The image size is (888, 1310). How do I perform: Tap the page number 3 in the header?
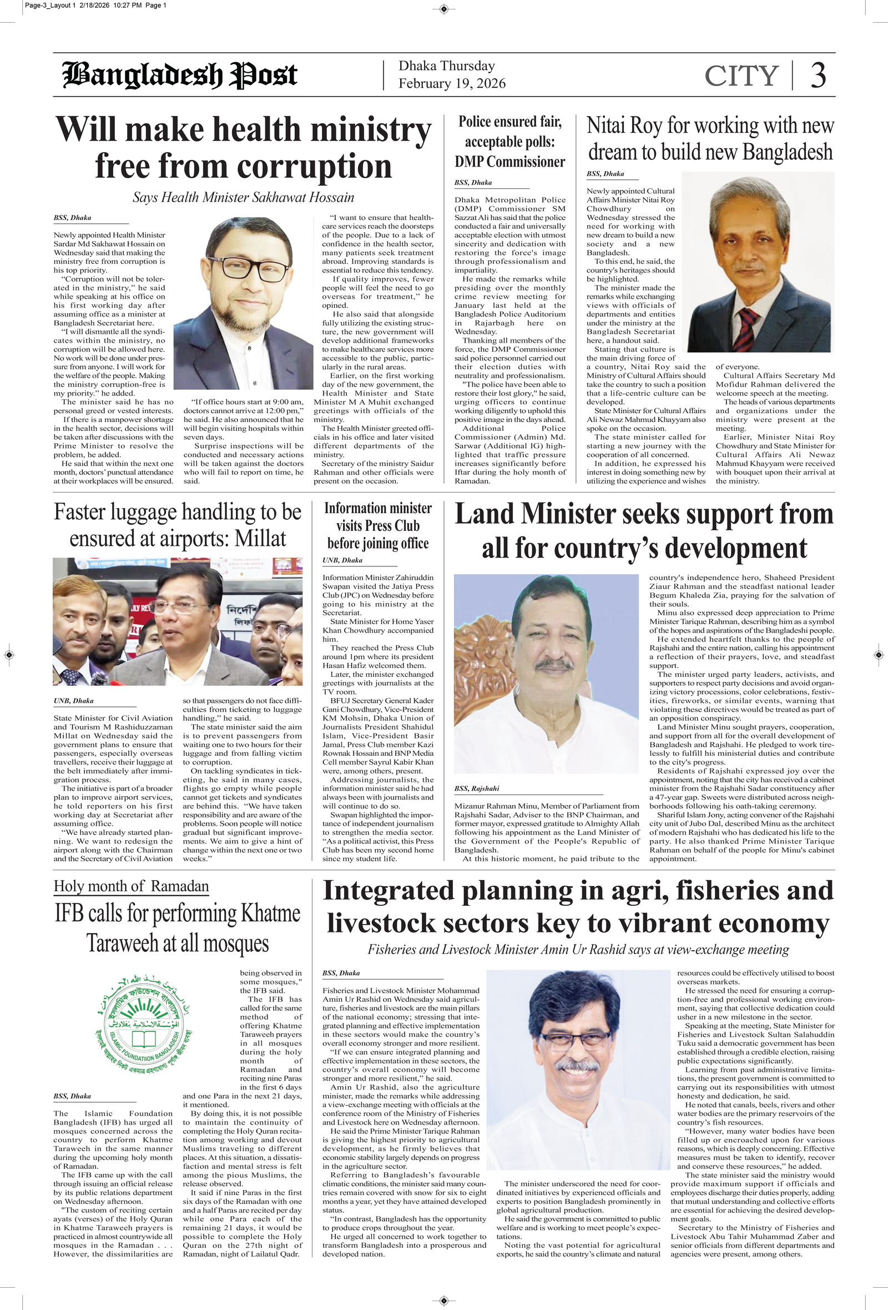818,75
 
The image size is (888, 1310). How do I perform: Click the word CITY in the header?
741,76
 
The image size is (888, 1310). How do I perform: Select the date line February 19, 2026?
452,84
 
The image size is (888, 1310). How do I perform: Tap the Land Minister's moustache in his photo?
553,665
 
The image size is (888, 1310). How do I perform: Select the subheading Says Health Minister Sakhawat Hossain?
244,197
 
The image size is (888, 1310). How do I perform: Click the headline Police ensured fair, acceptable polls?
510,142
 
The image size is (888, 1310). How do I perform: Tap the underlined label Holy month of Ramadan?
132,886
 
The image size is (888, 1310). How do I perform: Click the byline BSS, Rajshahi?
477,789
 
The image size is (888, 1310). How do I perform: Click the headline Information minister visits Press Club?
378,525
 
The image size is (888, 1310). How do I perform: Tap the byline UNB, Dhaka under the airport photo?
73,701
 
